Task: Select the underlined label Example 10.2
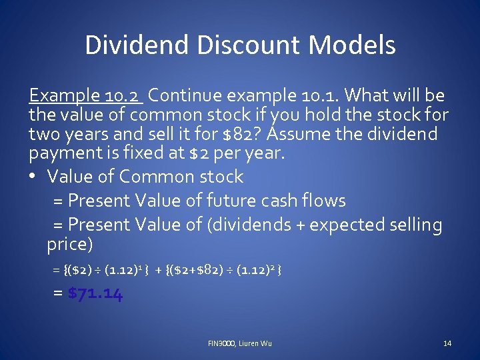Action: [86, 96]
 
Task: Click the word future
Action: [231, 201]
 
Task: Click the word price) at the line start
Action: [69, 244]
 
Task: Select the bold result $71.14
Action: [95, 294]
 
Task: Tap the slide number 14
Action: [447, 343]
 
